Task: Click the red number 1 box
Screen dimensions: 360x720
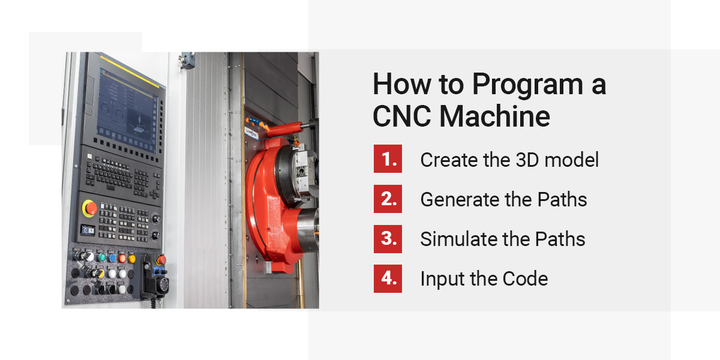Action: click(x=388, y=159)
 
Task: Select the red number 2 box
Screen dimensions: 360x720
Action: click(x=388, y=199)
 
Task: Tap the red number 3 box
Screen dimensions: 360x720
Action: click(x=388, y=239)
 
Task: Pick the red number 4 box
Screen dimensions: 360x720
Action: click(x=388, y=278)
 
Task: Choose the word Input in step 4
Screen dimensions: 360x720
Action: click(x=439, y=279)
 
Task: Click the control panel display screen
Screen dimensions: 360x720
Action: click(x=125, y=106)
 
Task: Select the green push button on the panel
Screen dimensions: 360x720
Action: click(x=102, y=257)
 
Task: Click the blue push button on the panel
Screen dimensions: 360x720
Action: click(x=112, y=258)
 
